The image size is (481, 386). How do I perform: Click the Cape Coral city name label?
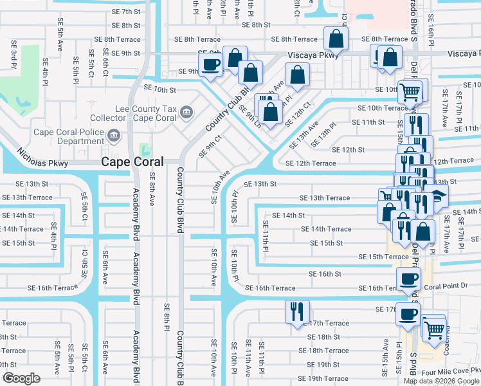pos(132,162)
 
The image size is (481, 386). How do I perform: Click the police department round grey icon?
pos(114,135)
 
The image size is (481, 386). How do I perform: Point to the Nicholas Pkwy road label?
pos(42,158)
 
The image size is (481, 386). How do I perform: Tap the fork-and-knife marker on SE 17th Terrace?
pos(297,311)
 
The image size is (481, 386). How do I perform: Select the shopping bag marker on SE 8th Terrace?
pos(336,39)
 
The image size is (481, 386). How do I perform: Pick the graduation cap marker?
pos(438,196)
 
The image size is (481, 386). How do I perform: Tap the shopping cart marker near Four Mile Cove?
pos(435,328)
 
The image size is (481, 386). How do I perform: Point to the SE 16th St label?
pos(325,274)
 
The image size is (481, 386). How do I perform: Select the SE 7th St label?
pos(126,12)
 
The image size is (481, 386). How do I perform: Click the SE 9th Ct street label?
pos(210,146)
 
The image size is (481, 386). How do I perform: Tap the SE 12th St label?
pos(347,150)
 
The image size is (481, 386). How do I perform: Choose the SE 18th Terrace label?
pos(327,351)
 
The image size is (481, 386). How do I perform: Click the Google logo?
pos(21,378)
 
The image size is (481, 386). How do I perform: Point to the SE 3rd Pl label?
pos(14,53)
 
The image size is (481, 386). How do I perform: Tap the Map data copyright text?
pos(441,381)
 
